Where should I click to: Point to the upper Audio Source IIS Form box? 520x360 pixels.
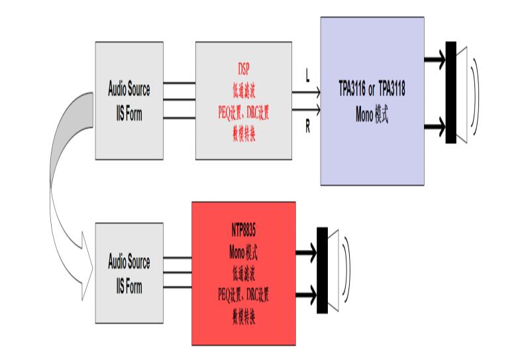129,101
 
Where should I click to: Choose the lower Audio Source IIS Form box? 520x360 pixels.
129,274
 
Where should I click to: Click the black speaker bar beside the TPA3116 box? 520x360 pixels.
451,91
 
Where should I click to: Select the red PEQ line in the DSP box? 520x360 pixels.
244,110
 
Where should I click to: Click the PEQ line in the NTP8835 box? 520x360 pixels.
243,292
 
